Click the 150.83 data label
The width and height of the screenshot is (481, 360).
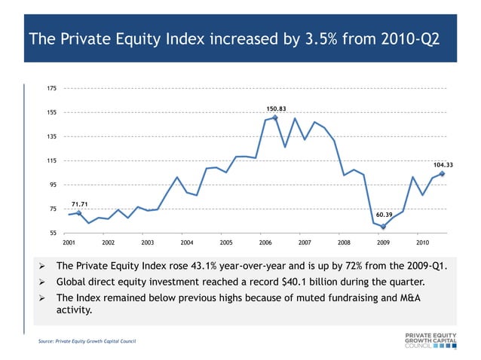point(275,108)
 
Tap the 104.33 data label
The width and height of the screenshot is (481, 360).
point(443,165)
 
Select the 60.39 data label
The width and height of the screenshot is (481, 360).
point(384,215)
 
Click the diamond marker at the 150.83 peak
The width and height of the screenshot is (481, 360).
point(275,117)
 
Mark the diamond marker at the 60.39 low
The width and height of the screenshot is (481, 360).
point(383,226)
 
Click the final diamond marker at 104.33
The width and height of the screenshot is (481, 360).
point(442,174)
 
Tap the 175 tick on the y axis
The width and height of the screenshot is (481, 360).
point(51,89)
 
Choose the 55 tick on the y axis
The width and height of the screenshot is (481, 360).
point(51,233)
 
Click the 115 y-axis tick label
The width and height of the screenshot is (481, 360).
point(51,161)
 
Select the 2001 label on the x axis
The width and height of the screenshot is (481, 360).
point(69,243)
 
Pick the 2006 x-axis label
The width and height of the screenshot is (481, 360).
point(265,243)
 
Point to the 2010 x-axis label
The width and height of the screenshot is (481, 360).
point(422,243)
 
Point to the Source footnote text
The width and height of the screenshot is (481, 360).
point(87,343)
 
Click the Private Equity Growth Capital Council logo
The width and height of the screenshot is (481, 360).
point(430,339)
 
